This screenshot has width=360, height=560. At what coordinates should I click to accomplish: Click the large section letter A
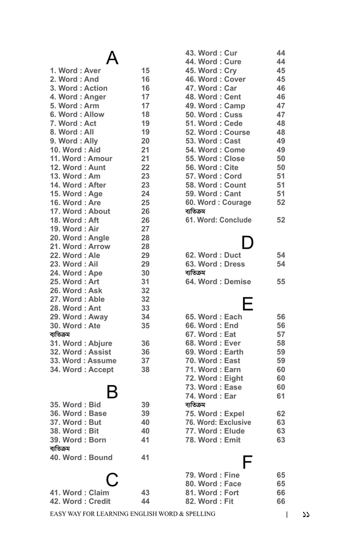[112, 57]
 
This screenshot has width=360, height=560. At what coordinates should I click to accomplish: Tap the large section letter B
[112, 392]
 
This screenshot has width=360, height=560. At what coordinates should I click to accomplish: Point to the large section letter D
[247, 242]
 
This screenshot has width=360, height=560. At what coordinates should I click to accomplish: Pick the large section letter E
[247, 304]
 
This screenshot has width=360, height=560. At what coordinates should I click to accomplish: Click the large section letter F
[247, 462]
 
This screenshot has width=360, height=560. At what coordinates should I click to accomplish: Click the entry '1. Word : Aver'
[76, 71]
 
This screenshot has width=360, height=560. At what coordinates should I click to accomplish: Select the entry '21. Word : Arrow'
[80, 247]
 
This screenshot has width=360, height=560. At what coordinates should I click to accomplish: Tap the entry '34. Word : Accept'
[82, 370]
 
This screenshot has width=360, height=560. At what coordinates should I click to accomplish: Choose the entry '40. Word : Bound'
[81, 458]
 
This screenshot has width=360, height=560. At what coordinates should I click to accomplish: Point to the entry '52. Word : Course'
[217, 132]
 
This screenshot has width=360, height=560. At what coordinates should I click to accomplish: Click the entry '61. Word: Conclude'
[218, 220]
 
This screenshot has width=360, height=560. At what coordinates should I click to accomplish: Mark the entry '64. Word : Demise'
[218, 282]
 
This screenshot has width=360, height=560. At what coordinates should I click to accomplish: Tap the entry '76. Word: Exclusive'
[218, 422]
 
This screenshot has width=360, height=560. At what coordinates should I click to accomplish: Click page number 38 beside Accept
[145, 370]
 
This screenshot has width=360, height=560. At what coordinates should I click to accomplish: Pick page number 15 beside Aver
[145, 71]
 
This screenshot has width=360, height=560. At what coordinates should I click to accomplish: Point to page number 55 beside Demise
[281, 282]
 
